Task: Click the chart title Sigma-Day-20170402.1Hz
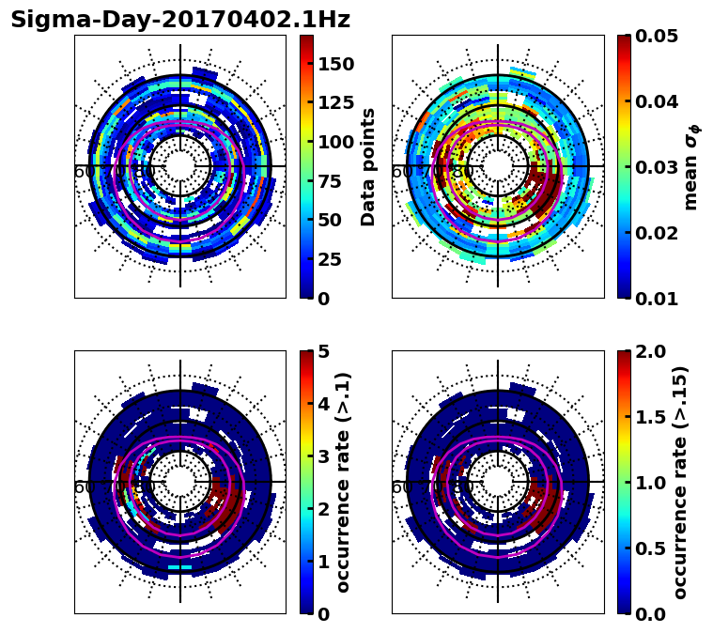pyautogui.click(x=179, y=20)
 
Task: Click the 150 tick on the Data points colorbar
pyautogui.click(x=335, y=64)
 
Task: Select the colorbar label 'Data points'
pyautogui.click(x=368, y=166)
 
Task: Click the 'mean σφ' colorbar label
pyautogui.click(x=691, y=167)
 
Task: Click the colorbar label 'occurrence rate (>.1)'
pyautogui.click(x=343, y=482)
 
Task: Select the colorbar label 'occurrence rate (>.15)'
pyautogui.click(x=680, y=482)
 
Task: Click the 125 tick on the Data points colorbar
pyautogui.click(x=335, y=103)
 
